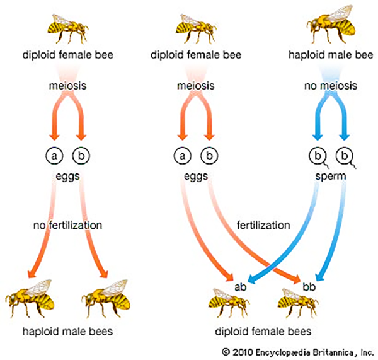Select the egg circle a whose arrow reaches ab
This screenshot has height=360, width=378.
pos(182,153)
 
